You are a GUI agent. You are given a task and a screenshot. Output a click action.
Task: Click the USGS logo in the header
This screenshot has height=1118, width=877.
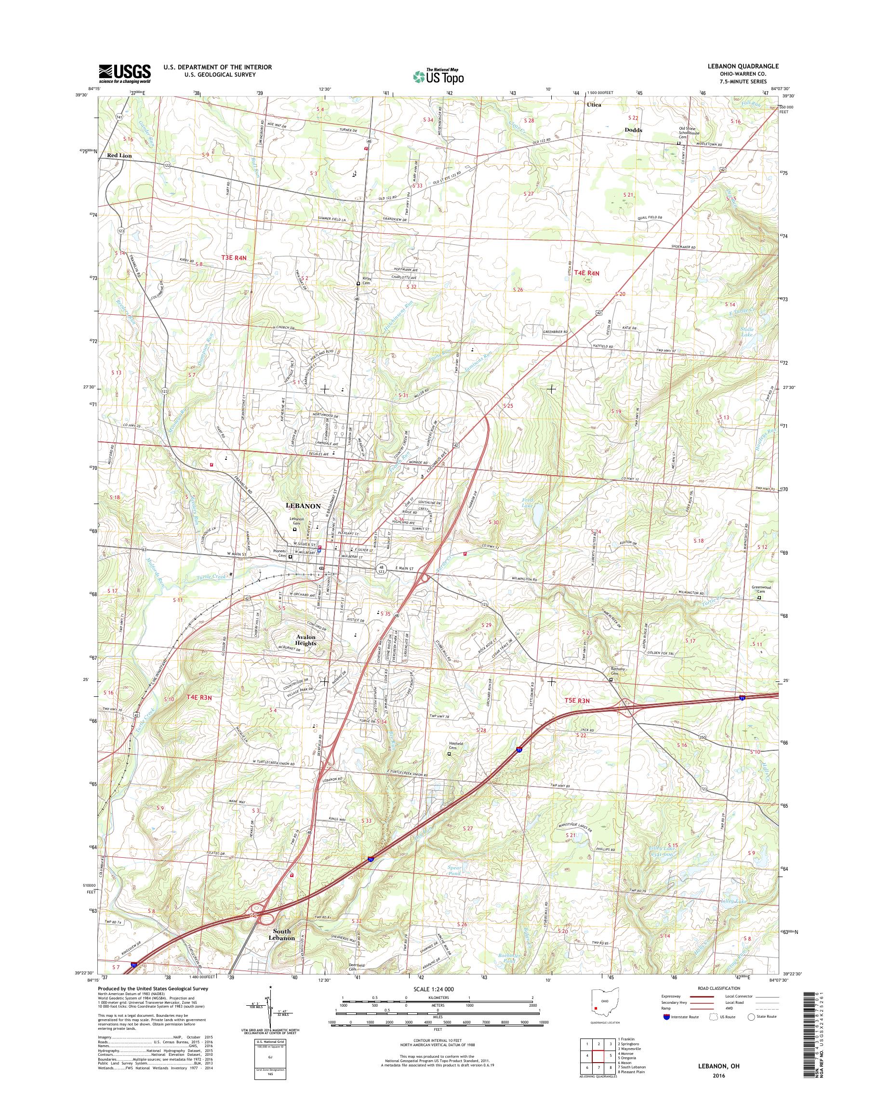coord(124,73)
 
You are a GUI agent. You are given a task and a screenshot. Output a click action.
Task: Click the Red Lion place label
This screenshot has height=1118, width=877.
coord(119,155)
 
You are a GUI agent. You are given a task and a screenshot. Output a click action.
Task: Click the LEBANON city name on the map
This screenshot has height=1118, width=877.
coord(303,506)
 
